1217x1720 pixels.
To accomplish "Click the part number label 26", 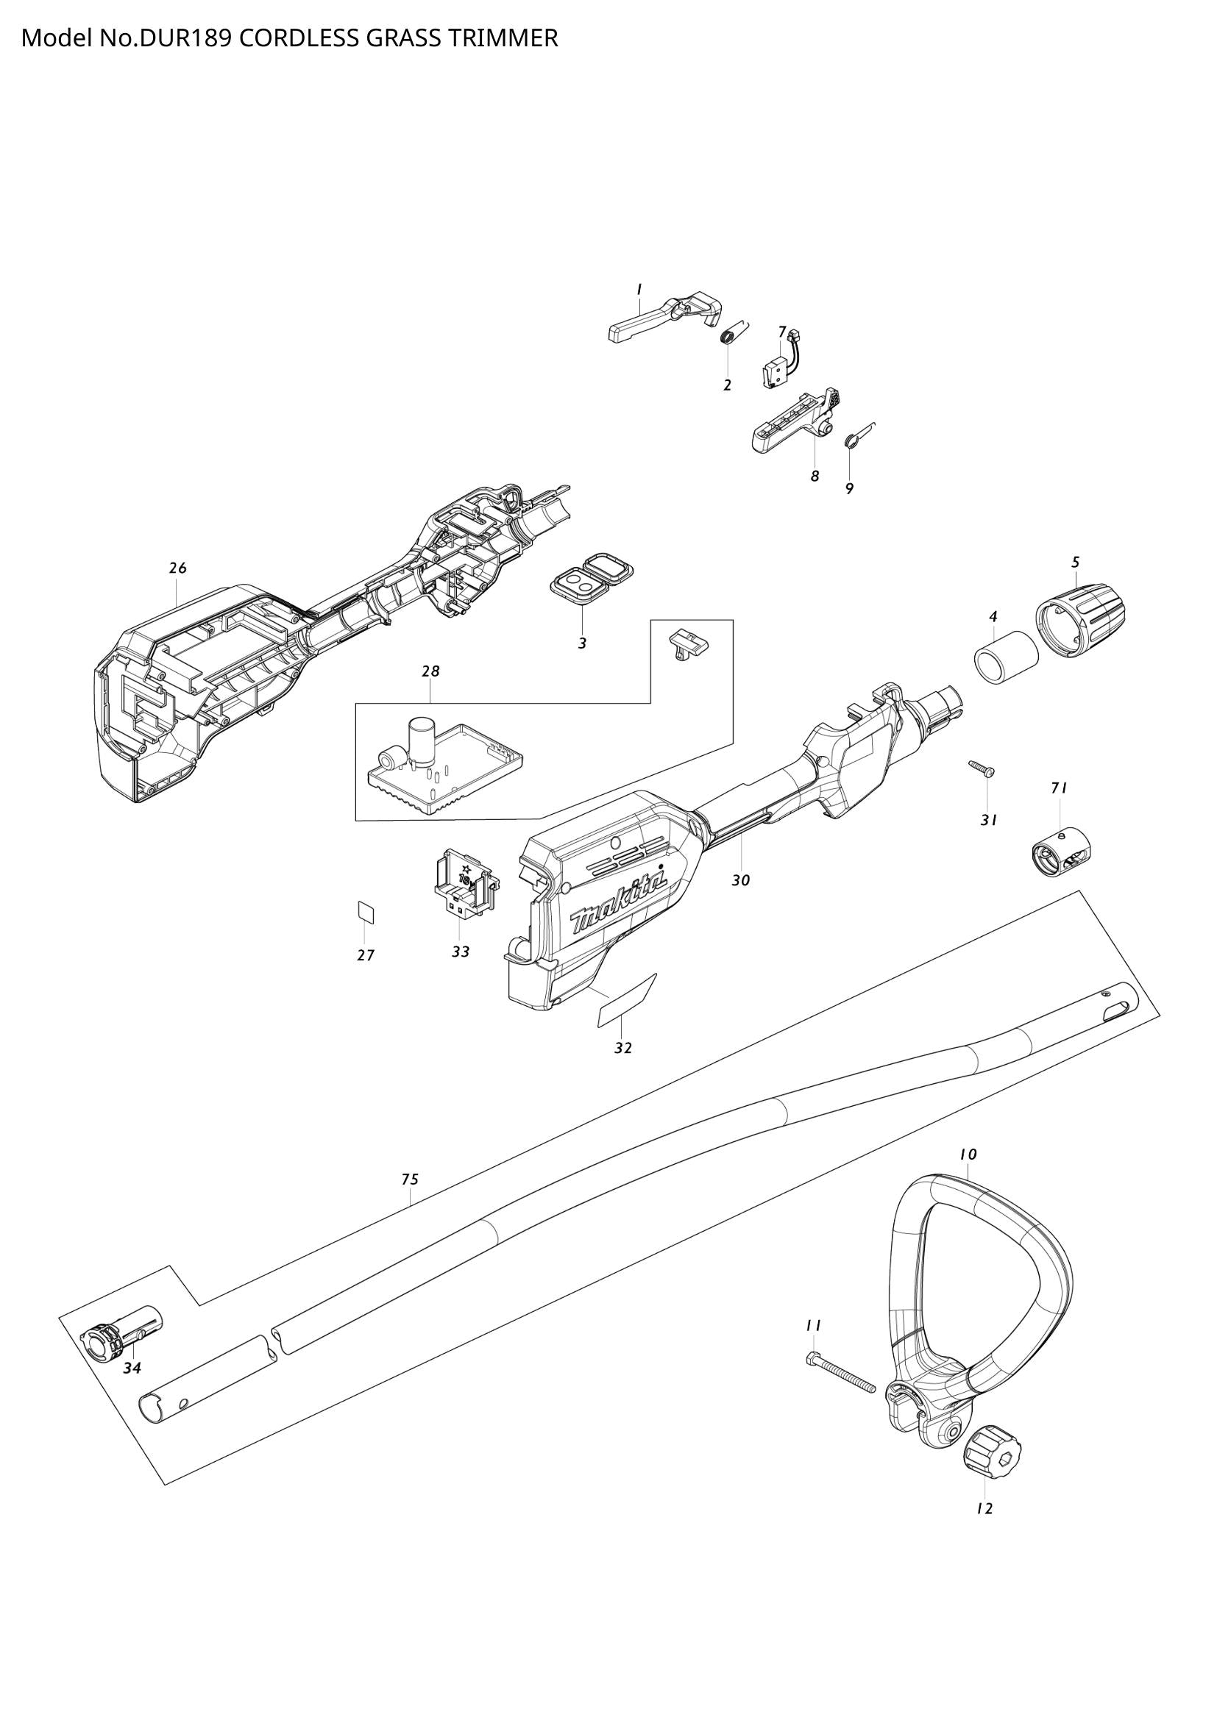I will click(177, 568).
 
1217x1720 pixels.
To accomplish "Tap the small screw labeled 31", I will click(980, 768).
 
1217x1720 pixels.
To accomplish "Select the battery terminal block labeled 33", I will click(464, 888).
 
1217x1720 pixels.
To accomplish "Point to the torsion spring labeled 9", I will click(852, 440).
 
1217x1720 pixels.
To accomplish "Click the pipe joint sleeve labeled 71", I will click(1058, 853).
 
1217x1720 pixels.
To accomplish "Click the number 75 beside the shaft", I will click(409, 1180).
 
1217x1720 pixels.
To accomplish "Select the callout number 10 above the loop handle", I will click(968, 1155).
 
